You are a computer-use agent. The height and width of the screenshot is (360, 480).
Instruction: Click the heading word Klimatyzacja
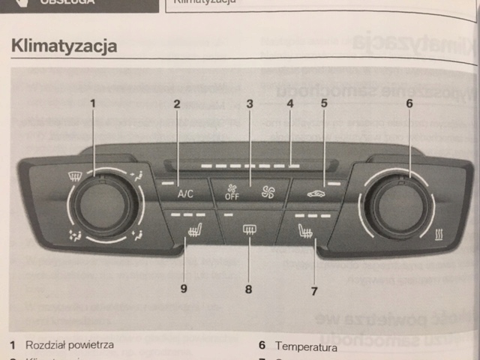[64, 46]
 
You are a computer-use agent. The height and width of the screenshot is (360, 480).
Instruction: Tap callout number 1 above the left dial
[94, 103]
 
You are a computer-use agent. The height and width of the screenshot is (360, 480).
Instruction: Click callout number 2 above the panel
[177, 103]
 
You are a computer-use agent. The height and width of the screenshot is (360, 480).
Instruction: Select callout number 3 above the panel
[249, 103]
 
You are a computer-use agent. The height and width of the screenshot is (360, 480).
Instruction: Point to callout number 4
[289, 103]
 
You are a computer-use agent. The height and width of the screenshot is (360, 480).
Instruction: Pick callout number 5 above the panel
[325, 103]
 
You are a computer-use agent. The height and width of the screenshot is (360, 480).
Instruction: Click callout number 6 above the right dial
[409, 103]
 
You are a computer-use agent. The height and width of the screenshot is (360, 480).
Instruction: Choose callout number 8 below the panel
[249, 287]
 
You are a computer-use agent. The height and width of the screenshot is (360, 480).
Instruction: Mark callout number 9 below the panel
[182, 287]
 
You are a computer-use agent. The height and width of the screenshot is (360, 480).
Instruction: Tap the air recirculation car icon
[316, 193]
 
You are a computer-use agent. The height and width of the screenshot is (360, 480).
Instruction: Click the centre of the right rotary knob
[400, 205]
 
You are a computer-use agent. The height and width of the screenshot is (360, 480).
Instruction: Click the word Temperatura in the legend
[306, 346]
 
